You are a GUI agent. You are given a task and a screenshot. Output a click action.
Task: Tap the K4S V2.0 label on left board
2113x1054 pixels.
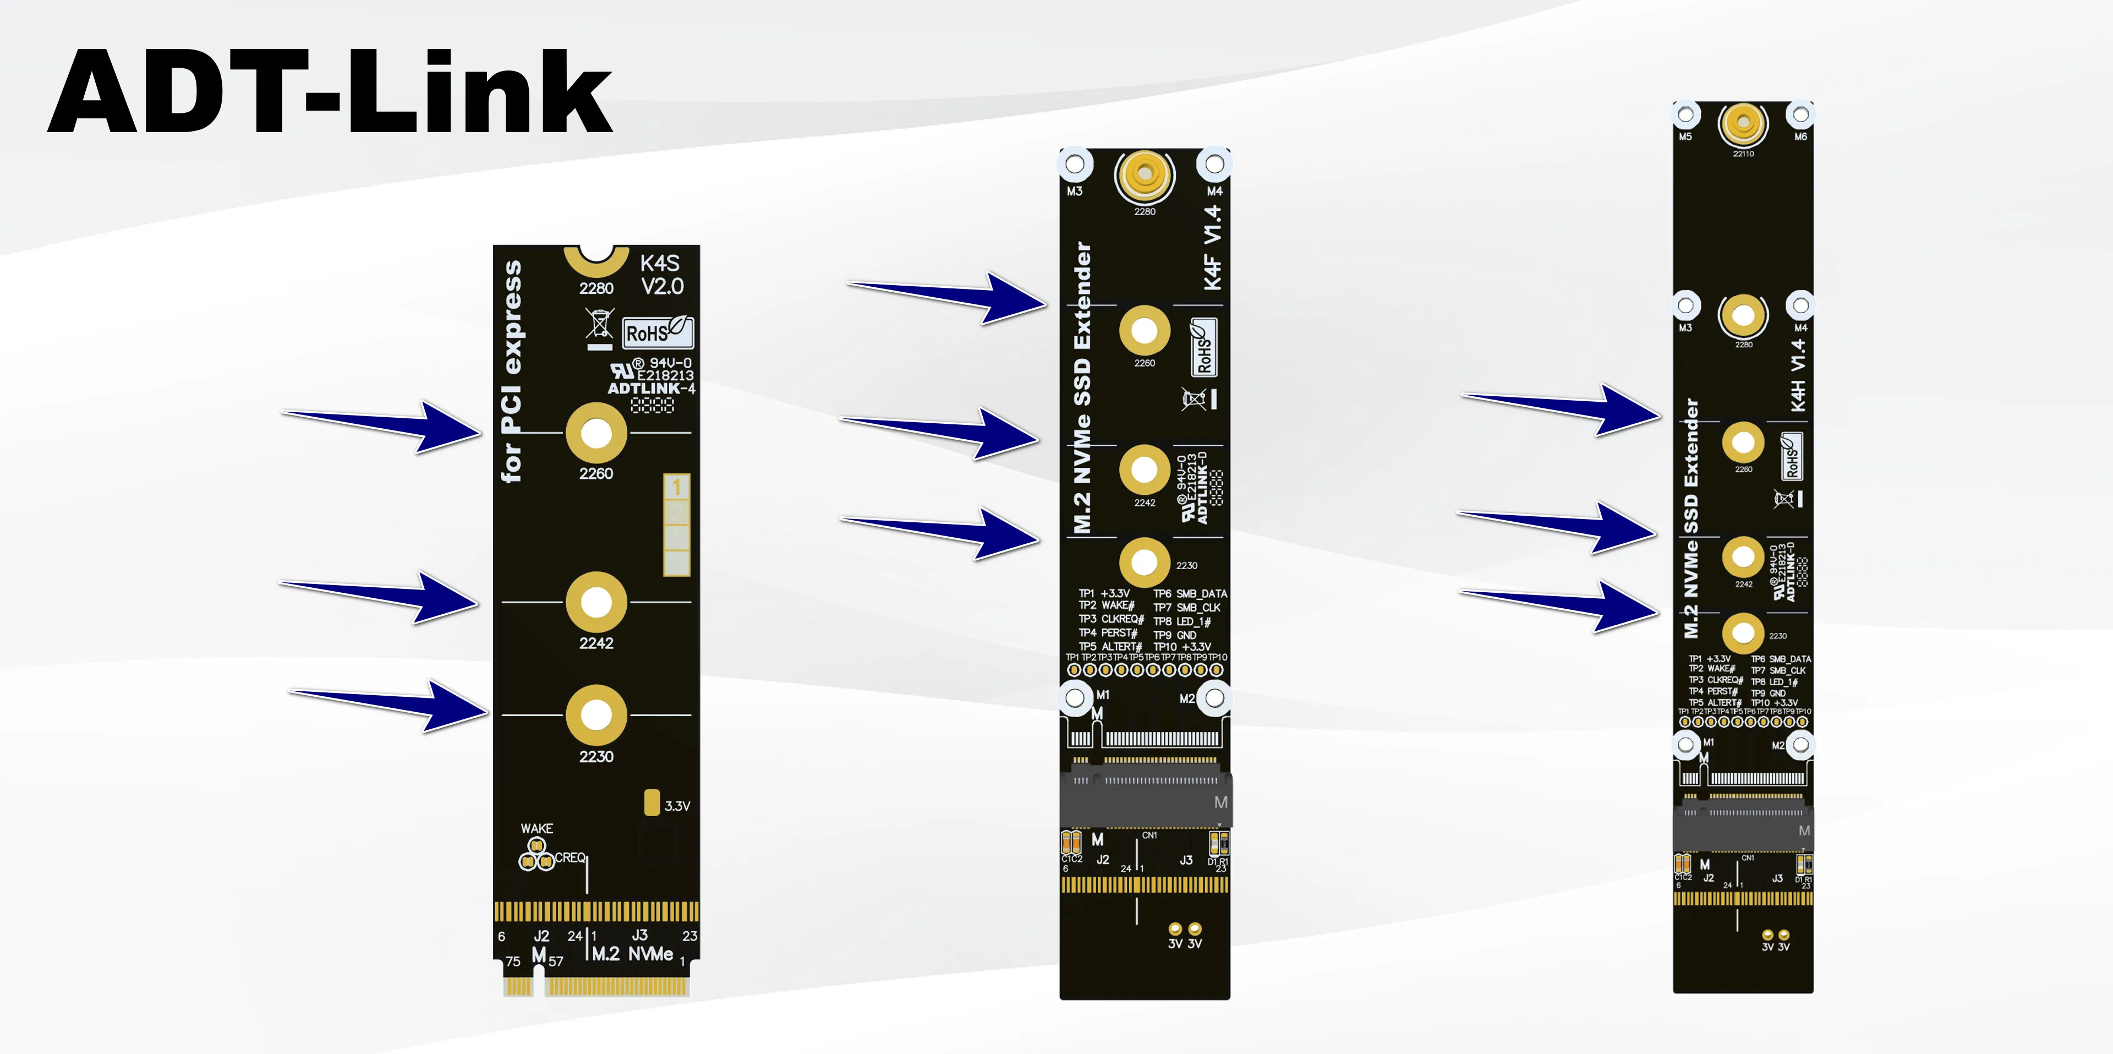(661, 275)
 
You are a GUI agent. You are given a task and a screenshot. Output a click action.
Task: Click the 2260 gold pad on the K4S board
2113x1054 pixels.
(596, 433)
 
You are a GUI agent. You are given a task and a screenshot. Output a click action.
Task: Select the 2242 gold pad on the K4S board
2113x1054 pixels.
(596, 603)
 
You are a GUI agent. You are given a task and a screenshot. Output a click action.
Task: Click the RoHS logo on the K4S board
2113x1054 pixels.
(657, 332)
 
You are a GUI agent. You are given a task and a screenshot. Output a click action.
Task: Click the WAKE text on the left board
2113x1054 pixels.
(537, 828)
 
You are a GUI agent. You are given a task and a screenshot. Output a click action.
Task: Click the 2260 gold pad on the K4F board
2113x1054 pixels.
(1145, 331)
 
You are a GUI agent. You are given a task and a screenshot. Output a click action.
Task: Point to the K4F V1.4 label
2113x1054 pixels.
(1212, 248)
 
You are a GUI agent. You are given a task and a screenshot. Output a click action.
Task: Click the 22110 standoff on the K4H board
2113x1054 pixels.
(1743, 124)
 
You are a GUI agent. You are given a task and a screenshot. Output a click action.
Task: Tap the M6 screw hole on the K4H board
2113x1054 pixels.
(1800, 115)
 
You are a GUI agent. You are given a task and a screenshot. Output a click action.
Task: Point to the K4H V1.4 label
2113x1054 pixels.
(1798, 376)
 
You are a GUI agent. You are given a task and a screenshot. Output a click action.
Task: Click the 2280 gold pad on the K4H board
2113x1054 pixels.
(1743, 315)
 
